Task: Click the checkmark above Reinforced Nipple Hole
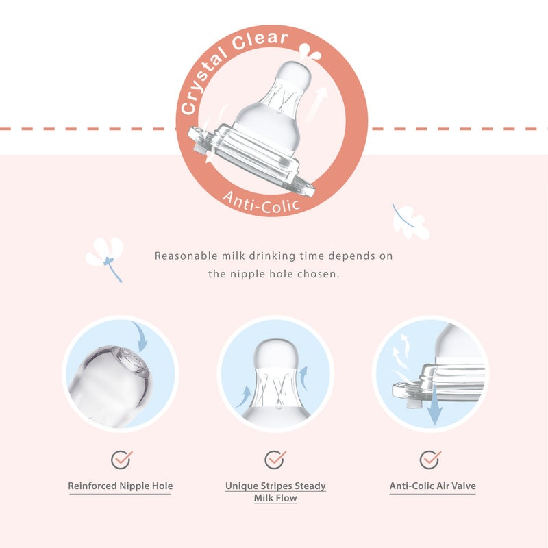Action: [121, 458]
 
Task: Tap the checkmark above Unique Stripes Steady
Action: [275, 458]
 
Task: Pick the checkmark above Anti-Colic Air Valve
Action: [429, 458]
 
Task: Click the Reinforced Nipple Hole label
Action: [121, 486]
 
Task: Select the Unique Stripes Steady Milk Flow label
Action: [275, 492]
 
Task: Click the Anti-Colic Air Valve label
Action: [432, 486]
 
